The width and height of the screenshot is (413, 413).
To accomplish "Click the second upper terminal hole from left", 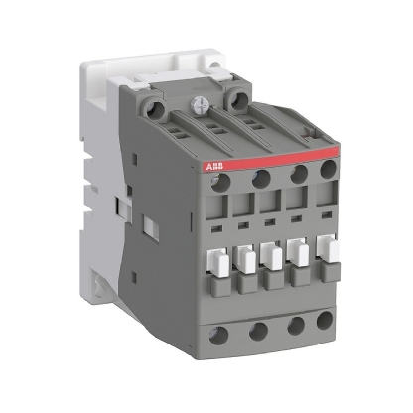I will tap(262, 179).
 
